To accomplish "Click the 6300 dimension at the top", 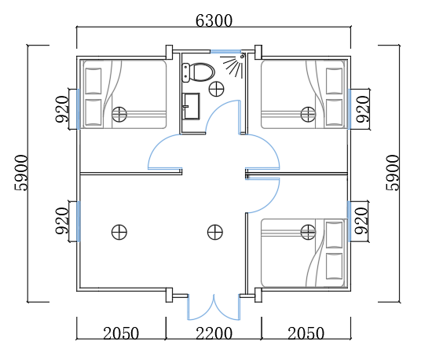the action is tap(214, 20).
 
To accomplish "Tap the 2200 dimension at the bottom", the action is tap(214, 333).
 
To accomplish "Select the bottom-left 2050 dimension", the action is tap(121, 333).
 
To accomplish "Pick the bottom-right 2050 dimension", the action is tap(306, 333).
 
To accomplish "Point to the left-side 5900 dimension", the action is tap(21, 173).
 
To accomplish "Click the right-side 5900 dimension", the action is tap(393, 173).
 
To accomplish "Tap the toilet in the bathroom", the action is tap(198, 72).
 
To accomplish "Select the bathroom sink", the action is tap(191, 106).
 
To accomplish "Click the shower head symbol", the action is tap(233, 65).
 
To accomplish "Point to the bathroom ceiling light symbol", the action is tap(217, 89).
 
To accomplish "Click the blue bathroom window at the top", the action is tap(225, 51).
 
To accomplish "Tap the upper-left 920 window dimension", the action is tap(62, 109).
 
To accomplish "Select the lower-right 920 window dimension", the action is tap(361, 221).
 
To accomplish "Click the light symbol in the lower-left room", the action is tap(119, 232).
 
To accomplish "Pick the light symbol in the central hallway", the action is tap(215, 232).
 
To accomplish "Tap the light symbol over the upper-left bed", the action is tap(119, 114).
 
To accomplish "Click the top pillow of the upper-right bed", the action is tap(334, 81).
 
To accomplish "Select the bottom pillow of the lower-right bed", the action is tap(334, 266).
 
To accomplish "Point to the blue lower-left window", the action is tap(79, 221).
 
